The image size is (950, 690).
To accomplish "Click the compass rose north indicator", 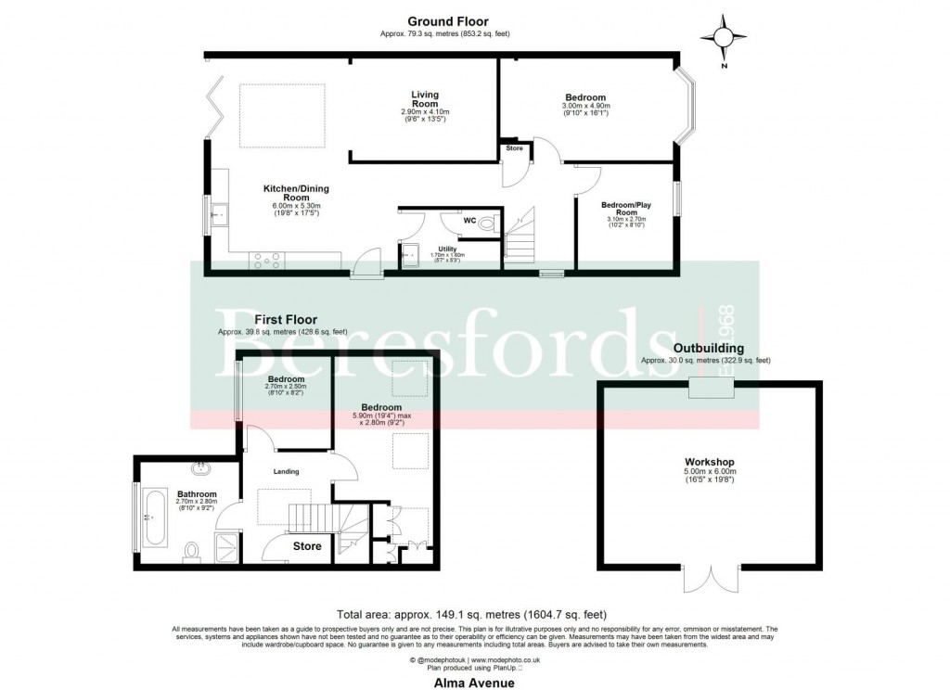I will (725, 39).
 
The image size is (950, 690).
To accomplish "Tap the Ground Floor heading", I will (448, 21).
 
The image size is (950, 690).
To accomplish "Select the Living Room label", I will (425, 99).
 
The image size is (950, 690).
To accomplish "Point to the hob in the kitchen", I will (266, 262).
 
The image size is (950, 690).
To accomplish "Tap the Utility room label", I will (446, 249).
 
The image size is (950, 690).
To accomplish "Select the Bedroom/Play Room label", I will (624, 209).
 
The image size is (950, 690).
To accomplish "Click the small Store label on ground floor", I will (514, 147).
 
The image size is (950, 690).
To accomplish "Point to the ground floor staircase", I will (520, 236).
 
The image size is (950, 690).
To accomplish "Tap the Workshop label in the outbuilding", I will (710, 462).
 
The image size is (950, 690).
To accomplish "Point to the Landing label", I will (286, 472).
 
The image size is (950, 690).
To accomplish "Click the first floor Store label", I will (307, 546).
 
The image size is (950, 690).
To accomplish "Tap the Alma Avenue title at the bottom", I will (475, 682).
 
